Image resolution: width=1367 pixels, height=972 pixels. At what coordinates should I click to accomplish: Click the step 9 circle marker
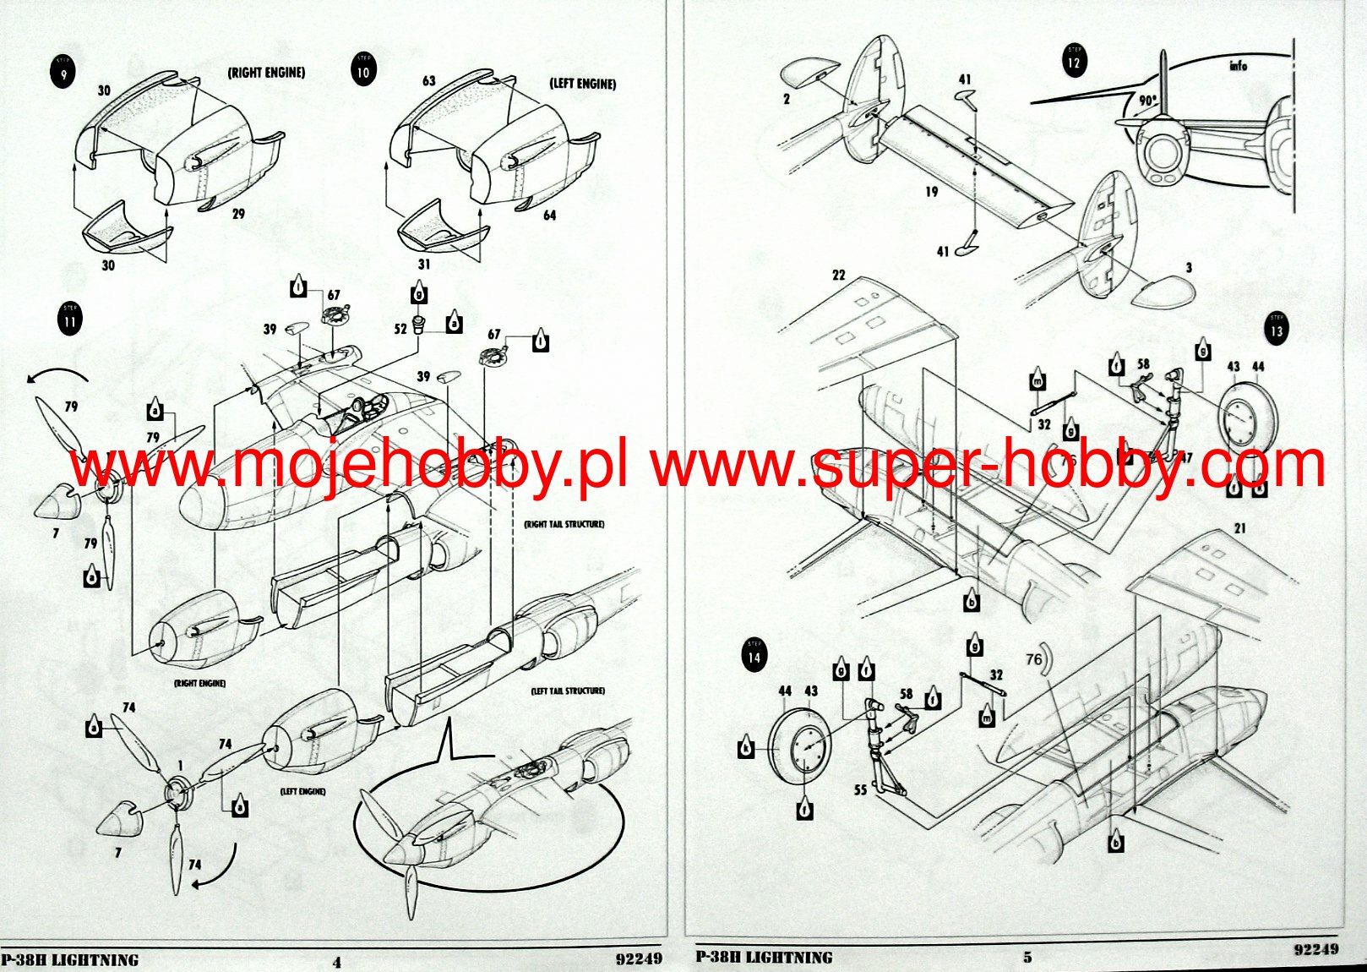[x=63, y=72]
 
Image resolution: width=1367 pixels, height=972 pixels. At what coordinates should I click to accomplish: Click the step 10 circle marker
[x=362, y=70]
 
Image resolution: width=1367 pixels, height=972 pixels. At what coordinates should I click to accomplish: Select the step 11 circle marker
[x=70, y=319]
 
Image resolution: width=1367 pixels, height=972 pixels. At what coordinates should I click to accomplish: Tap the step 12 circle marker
[x=1074, y=61]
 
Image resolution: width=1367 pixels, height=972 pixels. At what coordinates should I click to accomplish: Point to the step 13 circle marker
[x=1276, y=329]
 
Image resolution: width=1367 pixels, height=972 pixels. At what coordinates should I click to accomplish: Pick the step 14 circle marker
[x=754, y=655]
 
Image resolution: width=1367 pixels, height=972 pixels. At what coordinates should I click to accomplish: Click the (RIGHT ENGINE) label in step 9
[x=266, y=73]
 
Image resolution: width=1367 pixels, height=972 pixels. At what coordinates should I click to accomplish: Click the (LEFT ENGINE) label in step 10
[x=582, y=84]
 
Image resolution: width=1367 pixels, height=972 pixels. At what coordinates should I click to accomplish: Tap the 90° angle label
[x=1146, y=100]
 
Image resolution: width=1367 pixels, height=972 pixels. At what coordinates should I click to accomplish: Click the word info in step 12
[x=1238, y=65]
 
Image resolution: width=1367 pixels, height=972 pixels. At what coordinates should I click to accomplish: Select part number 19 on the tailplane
[x=931, y=192]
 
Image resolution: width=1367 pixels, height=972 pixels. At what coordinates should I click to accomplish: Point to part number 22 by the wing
[x=838, y=275]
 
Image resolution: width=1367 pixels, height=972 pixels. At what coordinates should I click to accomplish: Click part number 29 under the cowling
[x=238, y=214]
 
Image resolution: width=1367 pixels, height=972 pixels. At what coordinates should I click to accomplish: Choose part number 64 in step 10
[x=549, y=216]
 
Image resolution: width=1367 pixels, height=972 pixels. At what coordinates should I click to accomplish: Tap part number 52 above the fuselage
[x=400, y=329]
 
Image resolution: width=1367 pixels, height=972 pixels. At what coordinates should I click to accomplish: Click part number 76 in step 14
[x=1034, y=658]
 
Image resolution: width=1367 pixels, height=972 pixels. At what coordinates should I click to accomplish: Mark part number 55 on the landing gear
[x=860, y=790]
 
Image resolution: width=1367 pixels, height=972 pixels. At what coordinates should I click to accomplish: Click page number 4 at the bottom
[x=337, y=962]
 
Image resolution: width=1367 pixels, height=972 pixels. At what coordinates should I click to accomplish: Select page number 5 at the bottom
[x=1027, y=958]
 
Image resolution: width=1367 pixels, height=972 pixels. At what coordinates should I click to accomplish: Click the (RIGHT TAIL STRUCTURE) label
[x=564, y=524]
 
